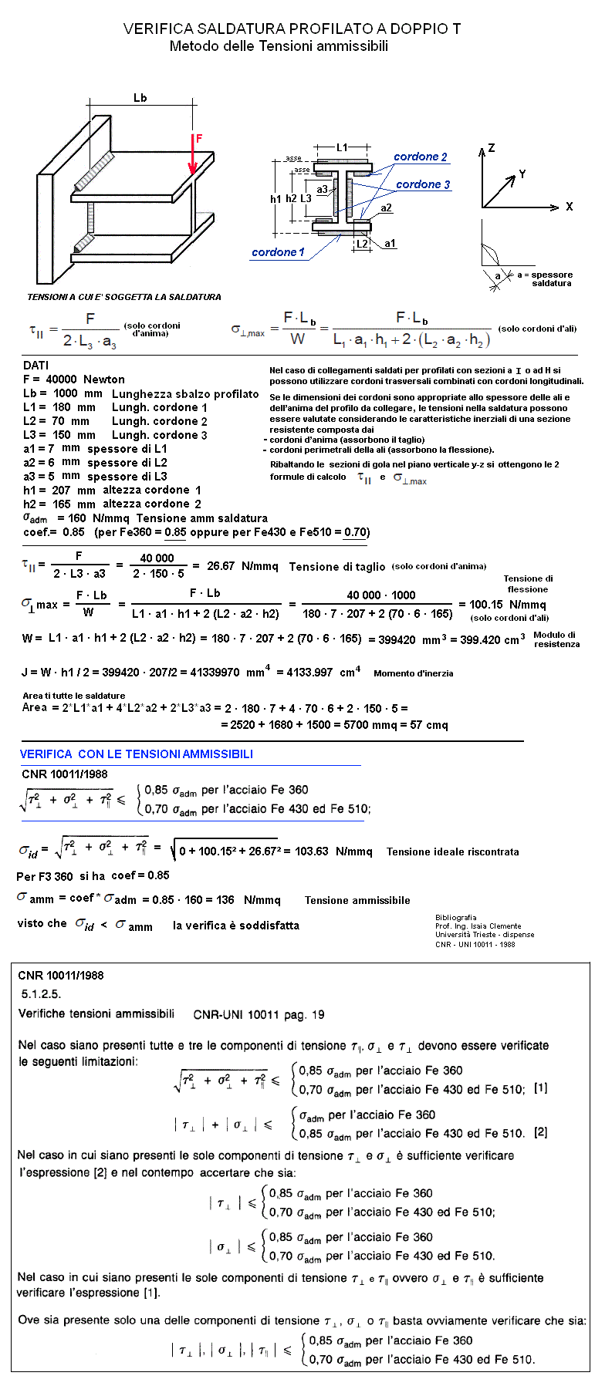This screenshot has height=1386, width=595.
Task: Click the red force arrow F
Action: (x=192, y=154)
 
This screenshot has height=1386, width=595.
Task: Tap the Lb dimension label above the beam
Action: (x=140, y=98)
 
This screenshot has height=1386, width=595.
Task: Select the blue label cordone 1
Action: (x=278, y=252)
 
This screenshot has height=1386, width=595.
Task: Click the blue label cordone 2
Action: (x=420, y=157)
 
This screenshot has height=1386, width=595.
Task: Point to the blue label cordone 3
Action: (x=423, y=184)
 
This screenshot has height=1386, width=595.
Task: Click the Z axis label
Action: (x=492, y=148)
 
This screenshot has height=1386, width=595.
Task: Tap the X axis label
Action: (x=570, y=207)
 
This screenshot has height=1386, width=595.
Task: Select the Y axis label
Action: (x=522, y=174)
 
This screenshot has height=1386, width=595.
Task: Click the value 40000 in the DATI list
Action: (x=61, y=379)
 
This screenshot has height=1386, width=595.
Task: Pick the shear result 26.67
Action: (x=221, y=566)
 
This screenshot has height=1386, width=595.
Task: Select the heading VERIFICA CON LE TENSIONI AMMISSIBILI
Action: (x=137, y=754)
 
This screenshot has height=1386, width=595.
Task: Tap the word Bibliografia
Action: (x=456, y=918)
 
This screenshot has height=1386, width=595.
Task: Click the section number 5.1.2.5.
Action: (x=41, y=994)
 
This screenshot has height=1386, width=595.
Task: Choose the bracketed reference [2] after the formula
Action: (x=541, y=1132)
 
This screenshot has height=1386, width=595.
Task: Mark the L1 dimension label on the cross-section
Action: (x=342, y=147)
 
